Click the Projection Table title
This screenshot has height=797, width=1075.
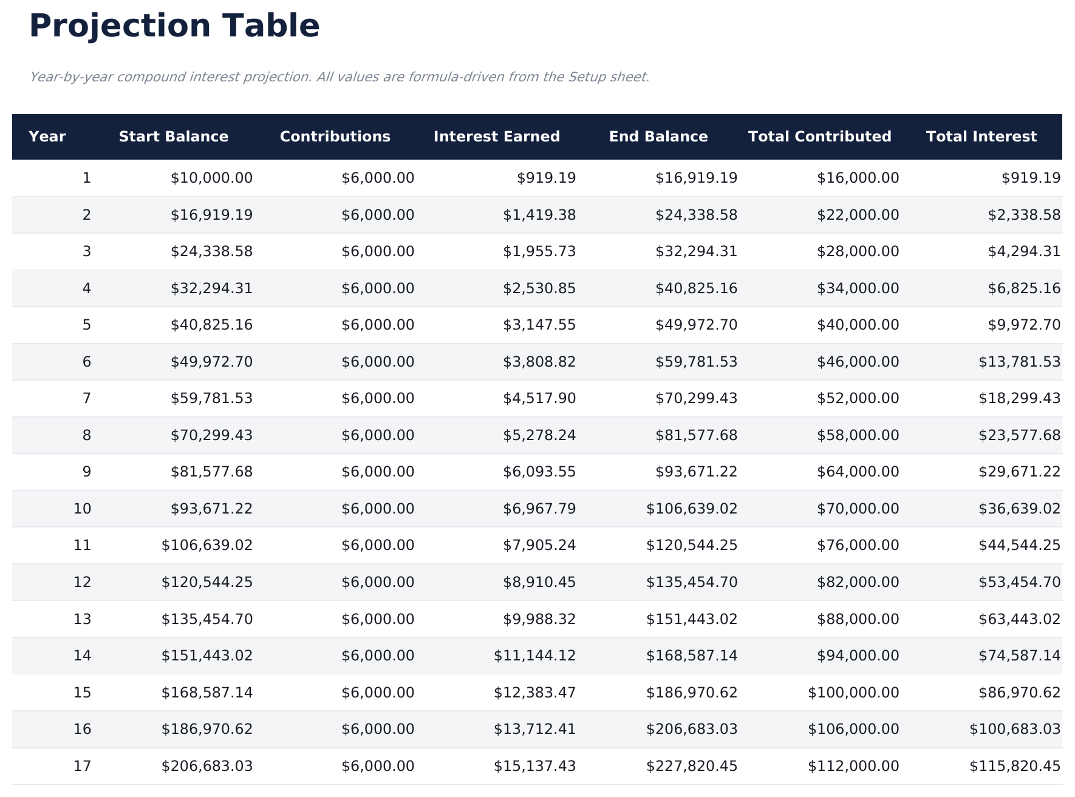174,26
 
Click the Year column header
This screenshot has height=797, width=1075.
47,137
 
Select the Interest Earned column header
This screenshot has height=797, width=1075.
496,137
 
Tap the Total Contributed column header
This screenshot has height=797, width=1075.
819,137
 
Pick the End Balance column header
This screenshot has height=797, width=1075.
658,137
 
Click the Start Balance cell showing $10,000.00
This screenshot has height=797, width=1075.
211,178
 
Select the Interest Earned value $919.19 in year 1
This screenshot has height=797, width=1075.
546,178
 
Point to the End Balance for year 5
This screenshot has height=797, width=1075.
696,325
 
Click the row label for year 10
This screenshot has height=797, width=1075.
82,509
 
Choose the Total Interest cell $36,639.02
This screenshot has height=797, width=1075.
1019,509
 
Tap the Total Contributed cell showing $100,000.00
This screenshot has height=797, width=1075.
853,693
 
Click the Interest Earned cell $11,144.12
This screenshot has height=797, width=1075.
534,656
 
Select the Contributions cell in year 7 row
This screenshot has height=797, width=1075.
378,398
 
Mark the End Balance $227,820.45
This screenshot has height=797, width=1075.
692,766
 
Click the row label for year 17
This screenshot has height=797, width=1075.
82,766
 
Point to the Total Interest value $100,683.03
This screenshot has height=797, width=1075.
1015,729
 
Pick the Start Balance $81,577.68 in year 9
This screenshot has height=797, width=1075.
211,472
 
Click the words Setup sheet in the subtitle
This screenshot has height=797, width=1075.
608,77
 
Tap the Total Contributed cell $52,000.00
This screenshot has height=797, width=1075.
858,398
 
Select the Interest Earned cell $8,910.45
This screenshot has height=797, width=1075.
539,582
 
